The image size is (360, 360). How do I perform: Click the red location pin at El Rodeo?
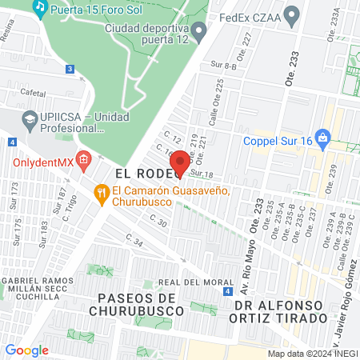tap(181, 162)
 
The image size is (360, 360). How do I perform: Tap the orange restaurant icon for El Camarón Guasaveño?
tap(101, 192)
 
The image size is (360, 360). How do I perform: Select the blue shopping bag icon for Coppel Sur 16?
tap(322, 137)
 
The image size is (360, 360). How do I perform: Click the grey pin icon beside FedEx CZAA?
tap(292, 14)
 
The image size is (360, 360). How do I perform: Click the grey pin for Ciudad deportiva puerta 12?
tap(199, 30)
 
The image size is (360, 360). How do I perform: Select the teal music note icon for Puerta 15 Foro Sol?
tap(39, 8)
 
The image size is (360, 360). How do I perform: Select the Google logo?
tap(27, 350)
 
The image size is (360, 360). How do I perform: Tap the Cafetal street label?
tap(33, 93)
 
